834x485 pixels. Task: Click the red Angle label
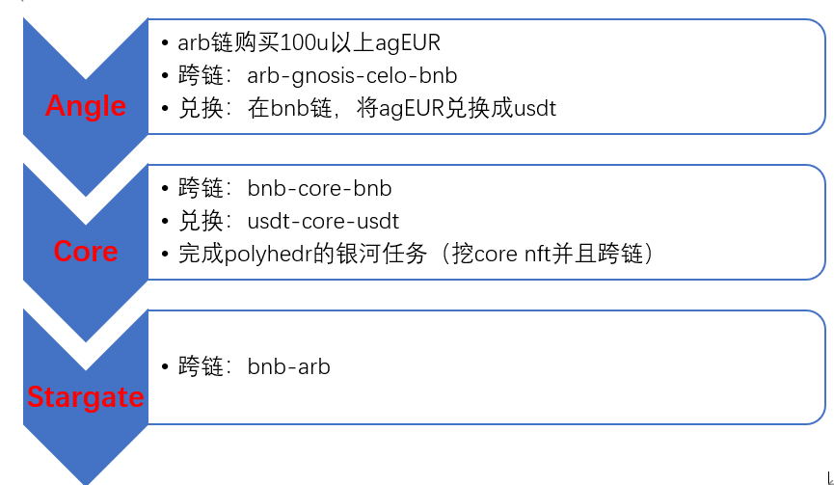click(x=86, y=105)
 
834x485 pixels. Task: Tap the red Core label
click(x=86, y=252)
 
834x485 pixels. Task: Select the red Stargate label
click(x=86, y=397)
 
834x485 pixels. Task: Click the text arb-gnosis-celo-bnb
click(x=352, y=75)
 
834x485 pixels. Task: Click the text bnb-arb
click(x=288, y=366)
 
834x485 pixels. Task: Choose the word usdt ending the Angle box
click(x=534, y=108)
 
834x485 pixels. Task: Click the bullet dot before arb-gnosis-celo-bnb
click(x=167, y=76)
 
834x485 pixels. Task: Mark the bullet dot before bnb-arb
click(x=167, y=367)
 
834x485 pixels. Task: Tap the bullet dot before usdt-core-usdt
click(x=167, y=222)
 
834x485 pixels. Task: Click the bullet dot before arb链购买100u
click(x=167, y=43)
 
